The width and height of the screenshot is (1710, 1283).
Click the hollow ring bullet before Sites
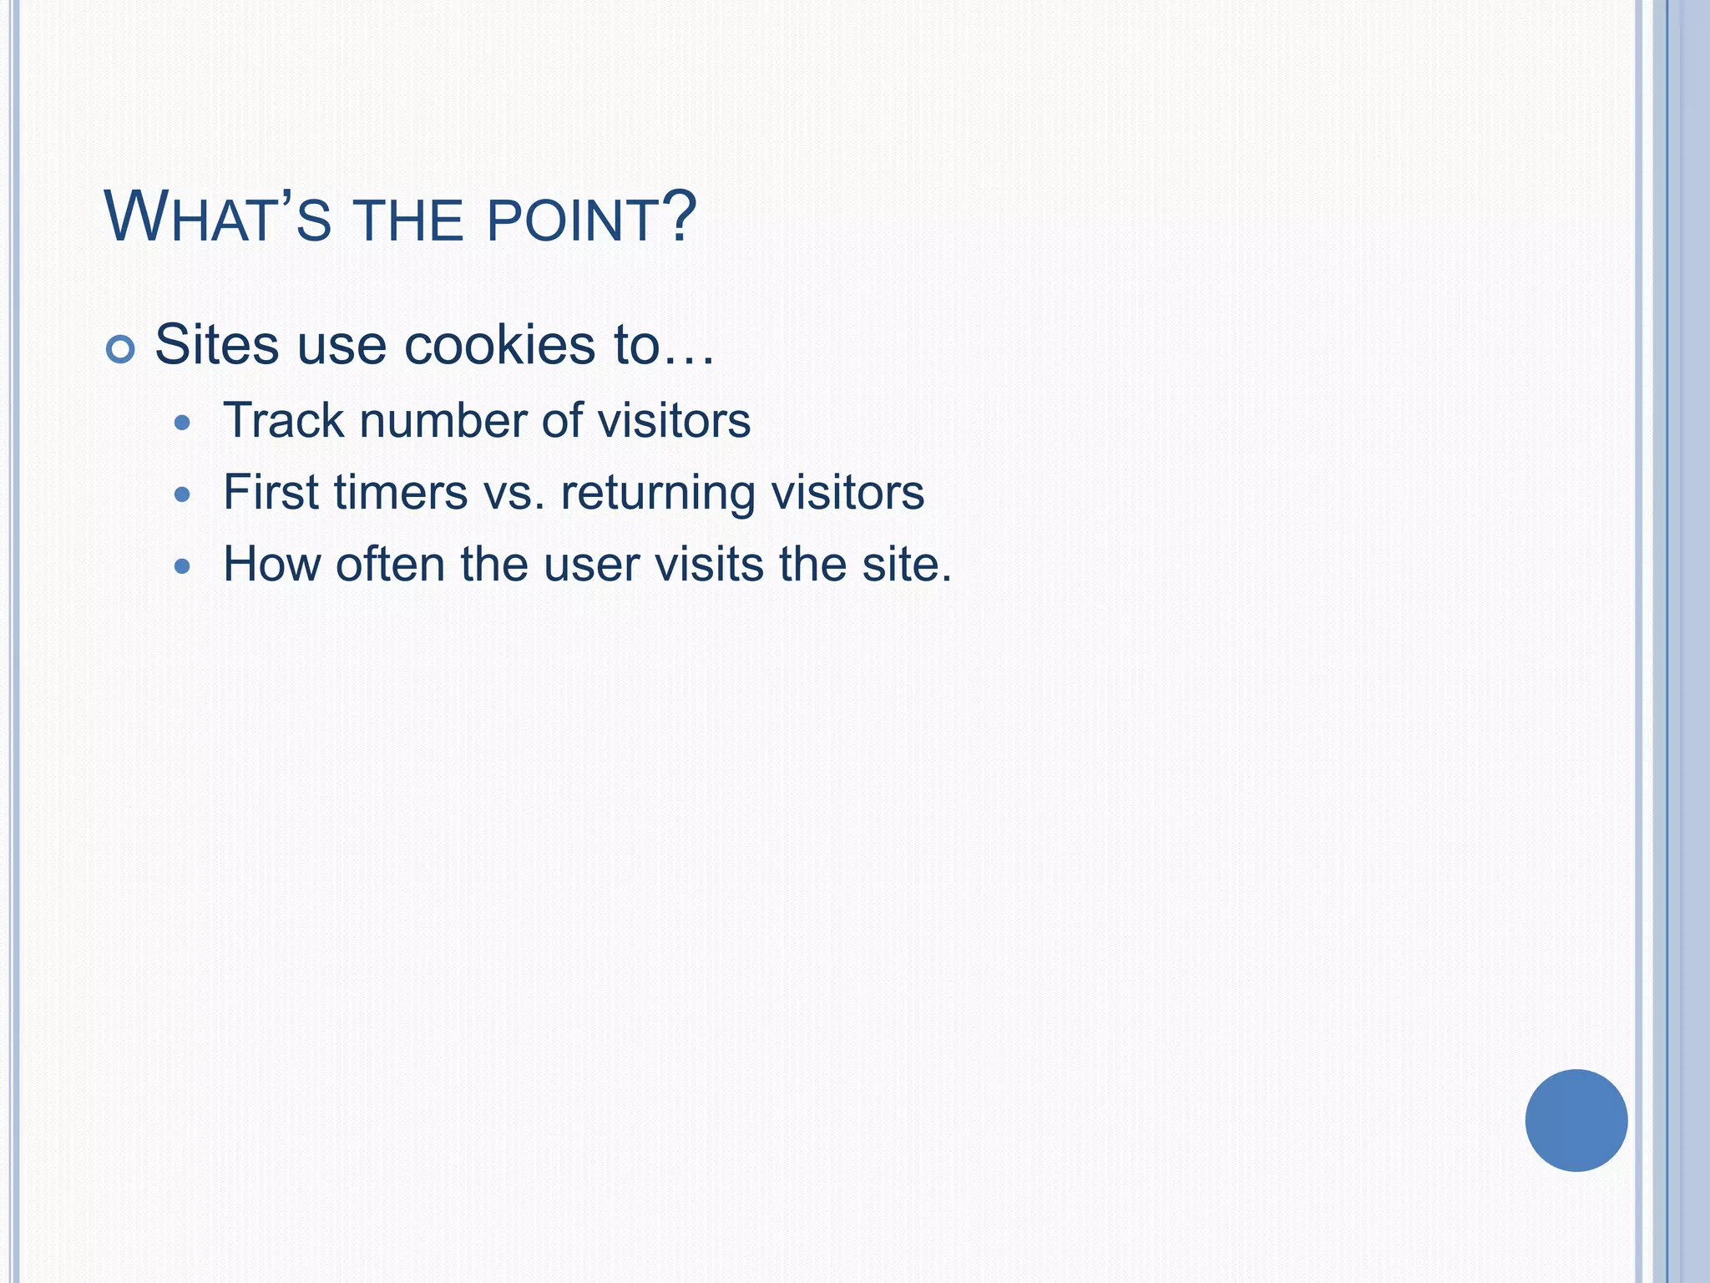click(x=120, y=349)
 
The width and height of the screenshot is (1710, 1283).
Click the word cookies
click(x=499, y=344)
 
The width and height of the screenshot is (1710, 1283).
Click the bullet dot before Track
click(x=182, y=423)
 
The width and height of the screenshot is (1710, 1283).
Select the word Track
click(x=284, y=420)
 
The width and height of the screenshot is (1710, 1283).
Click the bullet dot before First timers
click(x=182, y=495)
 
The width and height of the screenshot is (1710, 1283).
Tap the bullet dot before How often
click(x=182, y=567)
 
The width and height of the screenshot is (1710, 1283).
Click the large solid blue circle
click(x=1576, y=1120)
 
